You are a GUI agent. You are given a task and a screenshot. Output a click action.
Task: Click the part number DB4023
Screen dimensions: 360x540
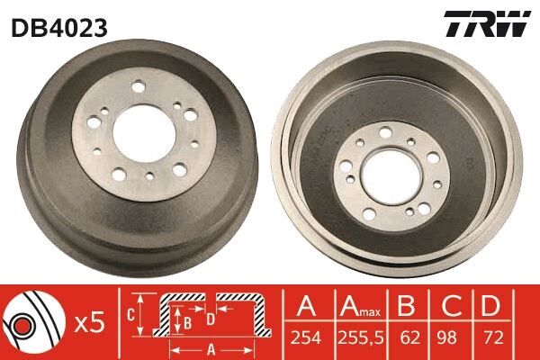pyautogui.click(x=59, y=27)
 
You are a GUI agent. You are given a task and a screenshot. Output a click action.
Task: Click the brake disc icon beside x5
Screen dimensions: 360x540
pyautogui.click(x=30, y=321)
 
